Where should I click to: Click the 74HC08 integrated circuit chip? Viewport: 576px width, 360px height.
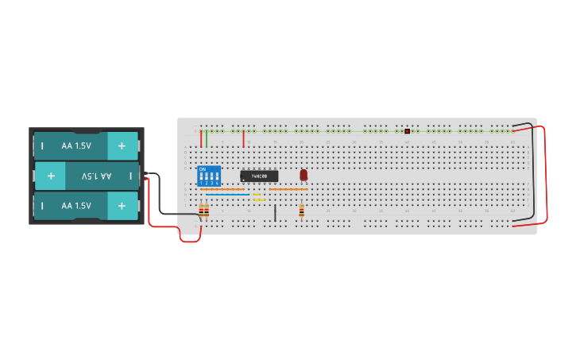(259, 176)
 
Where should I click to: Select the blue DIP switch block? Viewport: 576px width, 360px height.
(209, 176)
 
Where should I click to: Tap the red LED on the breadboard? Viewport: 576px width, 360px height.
(303, 174)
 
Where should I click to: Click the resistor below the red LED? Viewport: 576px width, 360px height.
(301, 211)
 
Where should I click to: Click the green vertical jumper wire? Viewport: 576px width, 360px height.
(207, 138)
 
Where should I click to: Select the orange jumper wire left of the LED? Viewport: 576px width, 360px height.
(288, 189)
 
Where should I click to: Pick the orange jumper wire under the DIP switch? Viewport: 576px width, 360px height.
(222, 189)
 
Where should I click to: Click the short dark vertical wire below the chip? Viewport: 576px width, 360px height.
(275, 212)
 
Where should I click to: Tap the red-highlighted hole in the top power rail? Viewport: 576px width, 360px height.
(407, 131)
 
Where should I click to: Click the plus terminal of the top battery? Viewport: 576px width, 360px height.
(122, 146)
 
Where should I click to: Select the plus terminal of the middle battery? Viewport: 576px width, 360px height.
(51, 176)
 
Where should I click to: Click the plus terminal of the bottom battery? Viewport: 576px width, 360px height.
(122, 206)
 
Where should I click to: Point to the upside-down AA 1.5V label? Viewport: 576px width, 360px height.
(96, 176)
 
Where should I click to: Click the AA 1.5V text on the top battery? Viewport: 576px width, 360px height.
(76, 146)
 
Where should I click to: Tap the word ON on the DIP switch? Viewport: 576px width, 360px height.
(203, 168)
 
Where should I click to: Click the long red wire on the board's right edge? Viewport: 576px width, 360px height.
(545, 175)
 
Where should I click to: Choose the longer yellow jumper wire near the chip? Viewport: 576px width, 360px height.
(259, 199)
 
